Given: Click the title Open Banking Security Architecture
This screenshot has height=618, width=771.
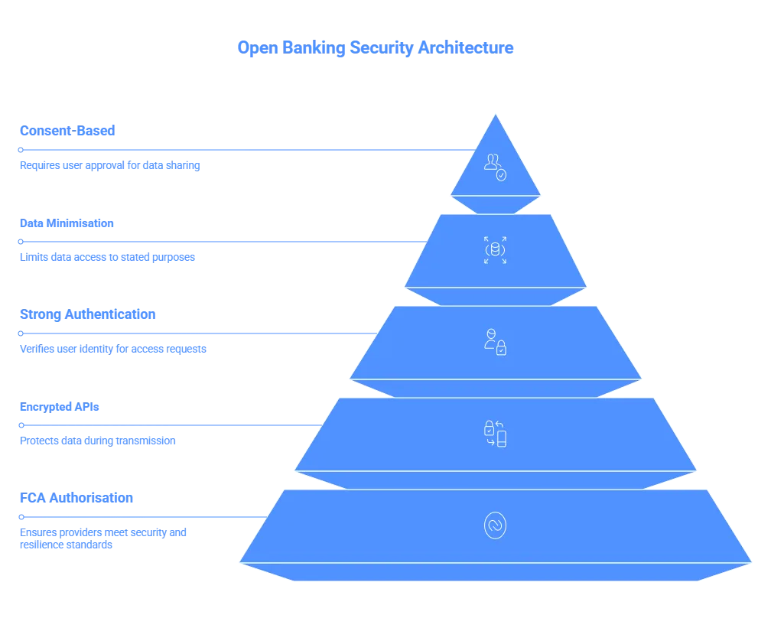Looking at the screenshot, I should tap(373, 48).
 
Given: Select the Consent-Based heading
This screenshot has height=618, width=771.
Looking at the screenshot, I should tap(67, 131).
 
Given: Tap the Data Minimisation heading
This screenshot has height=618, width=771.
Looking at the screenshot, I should tap(67, 224).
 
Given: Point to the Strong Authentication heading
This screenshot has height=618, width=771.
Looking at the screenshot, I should tap(87, 314).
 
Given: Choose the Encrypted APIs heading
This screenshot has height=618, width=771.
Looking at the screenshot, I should tap(60, 408).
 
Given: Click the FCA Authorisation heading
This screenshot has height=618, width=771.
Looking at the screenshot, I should tap(76, 499).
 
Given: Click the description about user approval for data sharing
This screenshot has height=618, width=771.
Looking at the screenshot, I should tap(109, 164).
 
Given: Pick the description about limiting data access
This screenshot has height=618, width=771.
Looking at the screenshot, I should tap(107, 257).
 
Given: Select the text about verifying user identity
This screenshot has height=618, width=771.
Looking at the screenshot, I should tap(112, 349).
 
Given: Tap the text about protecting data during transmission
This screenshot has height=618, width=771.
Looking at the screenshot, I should tap(98, 441).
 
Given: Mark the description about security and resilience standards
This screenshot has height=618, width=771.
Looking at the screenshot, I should tap(103, 538).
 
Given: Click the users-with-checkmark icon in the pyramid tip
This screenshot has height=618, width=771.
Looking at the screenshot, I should tap(496, 166).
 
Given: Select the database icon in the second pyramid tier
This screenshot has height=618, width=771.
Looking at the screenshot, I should tap(495, 250).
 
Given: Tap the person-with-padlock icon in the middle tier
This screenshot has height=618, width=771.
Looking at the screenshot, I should tap(495, 342).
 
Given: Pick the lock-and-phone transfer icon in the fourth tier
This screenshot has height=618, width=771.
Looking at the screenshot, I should tap(496, 433).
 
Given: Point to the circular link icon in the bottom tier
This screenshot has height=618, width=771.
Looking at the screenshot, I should tap(495, 525).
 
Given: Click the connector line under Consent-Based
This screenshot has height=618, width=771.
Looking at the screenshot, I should tap(245, 150).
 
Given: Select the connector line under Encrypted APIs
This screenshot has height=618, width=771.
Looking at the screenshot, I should tap(168, 424).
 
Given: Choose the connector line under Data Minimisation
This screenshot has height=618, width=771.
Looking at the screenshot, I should tap(222, 242).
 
